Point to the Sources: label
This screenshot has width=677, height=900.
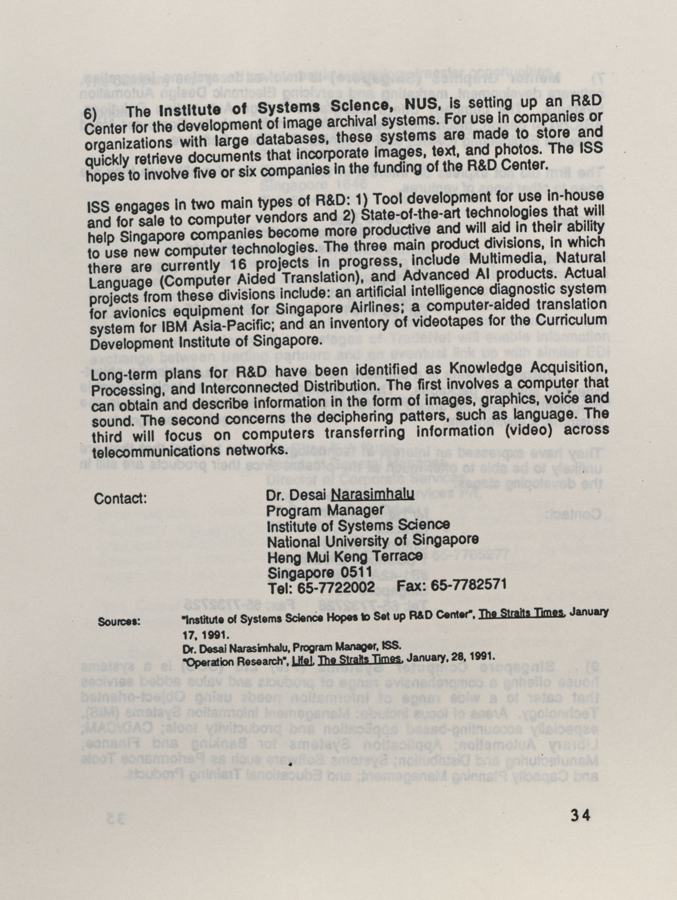pos(119,622)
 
